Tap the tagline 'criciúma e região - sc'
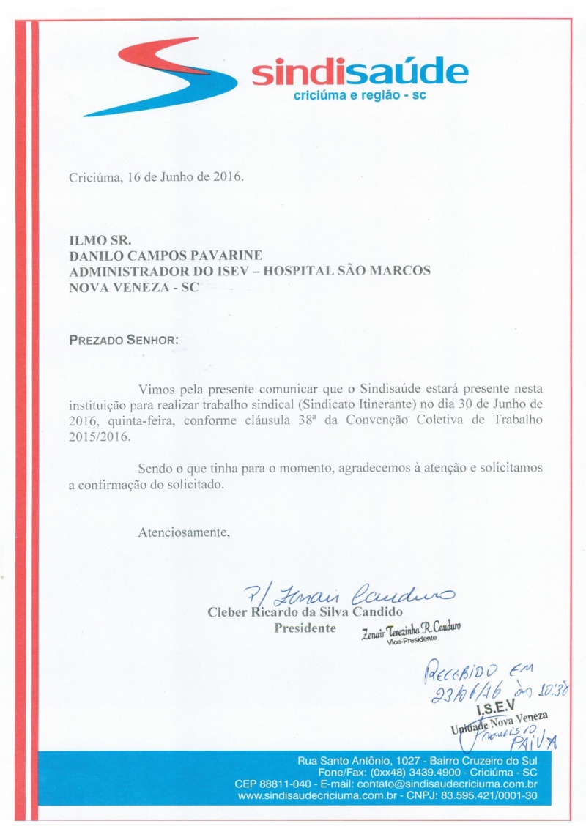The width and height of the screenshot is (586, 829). click(355, 97)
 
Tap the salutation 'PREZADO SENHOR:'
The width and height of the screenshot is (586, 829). click(122, 341)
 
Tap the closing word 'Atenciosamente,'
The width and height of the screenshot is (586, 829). click(184, 532)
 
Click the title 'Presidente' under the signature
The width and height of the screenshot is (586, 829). click(305, 628)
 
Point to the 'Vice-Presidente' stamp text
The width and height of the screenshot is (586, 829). click(412, 639)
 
